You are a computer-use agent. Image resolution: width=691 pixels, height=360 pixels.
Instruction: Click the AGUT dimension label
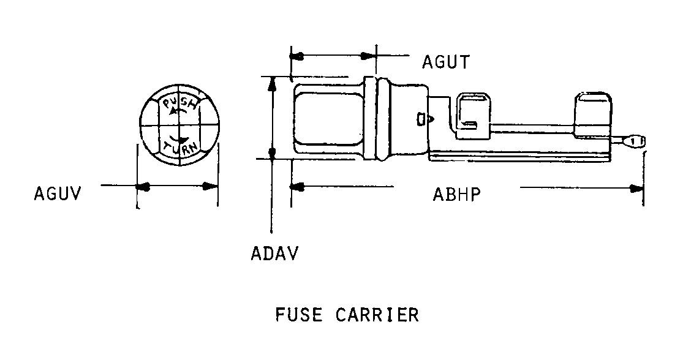click(445, 62)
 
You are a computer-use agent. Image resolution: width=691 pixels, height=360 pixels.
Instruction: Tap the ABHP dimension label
click(456, 194)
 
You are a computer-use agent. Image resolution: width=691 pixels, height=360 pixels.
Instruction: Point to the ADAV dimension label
click(274, 253)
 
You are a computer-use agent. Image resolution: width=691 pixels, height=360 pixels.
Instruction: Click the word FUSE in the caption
click(298, 315)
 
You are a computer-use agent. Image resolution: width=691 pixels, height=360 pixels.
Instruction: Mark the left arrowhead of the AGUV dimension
click(142, 186)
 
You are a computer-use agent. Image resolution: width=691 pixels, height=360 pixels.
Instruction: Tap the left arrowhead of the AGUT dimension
click(297, 56)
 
